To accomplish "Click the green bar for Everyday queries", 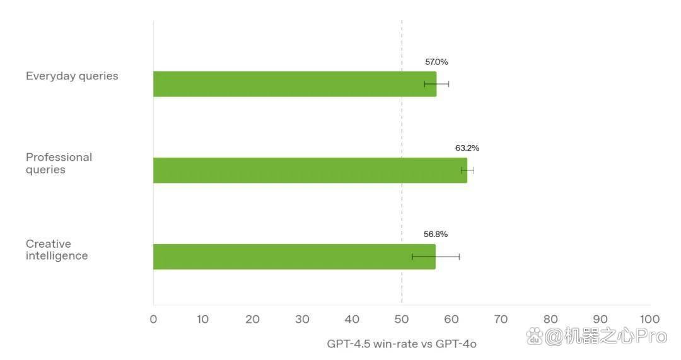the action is pyautogui.click(x=295, y=84).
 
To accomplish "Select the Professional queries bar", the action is pyautogui.click(x=310, y=170).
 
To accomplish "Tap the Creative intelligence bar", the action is pyautogui.click(x=294, y=257).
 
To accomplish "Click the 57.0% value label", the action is pyautogui.click(x=436, y=62).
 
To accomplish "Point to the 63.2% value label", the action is pyautogui.click(x=467, y=148).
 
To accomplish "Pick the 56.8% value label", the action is pyautogui.click(x=436, y=234).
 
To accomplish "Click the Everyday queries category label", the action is pyautogui.click(x=72, y=76).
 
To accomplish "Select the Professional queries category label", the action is pyautogui.click(x=59, y=163).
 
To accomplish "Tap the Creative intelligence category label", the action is pyautogui.click(x=57, y=250).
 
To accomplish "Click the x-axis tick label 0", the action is pyautogui.click(x=153, y=319).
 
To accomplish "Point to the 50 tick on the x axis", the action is pyautogui.click(x=402, y=319).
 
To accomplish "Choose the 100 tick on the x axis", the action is pyautogui.click(x=649, y=319).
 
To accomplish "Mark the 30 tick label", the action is pyautogui.click(x=302, y=319).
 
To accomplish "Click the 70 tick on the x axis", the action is pyautogui.click(x=501, y=319).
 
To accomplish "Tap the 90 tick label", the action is pyautogui.click(x=600, y=319).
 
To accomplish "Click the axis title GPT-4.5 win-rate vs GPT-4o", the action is pyautogui.click(x=402, y=344).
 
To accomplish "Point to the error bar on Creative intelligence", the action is pyautogui.click(x=436, y=257).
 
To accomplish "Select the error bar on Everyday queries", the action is pyautogui.click(x=436, y=84).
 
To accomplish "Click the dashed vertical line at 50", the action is pyautogui.click(x=402, y=161).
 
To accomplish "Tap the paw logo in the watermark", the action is pyautogui.click(x=535, y=336).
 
